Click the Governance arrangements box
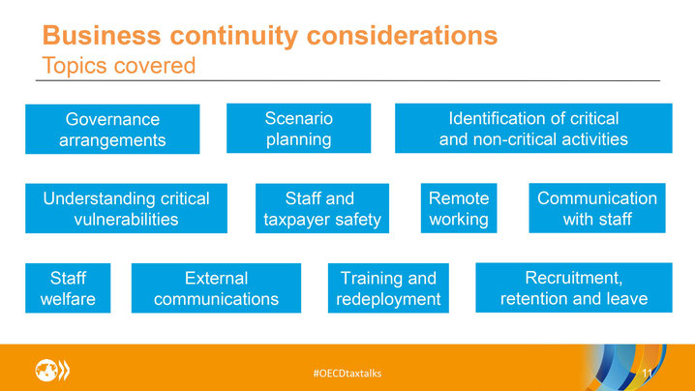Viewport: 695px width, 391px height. point(112,129)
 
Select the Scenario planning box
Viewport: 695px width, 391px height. point(299,128)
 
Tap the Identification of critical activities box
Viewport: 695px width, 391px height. point(533,128)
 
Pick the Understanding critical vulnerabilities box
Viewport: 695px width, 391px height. point(127,208)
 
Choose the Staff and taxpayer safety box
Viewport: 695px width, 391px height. point(322,208)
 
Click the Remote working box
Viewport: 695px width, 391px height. point(459,208)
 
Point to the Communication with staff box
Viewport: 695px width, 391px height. point(597,208)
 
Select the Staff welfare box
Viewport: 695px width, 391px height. point(68,288)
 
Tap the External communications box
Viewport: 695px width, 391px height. point(216,288)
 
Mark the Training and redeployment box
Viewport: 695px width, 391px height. point(388,288)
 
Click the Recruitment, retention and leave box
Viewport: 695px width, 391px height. point(574,287)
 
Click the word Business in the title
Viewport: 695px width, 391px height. point(102,35)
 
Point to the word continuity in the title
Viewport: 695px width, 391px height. point(234,36)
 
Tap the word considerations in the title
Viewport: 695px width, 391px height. point(402,35)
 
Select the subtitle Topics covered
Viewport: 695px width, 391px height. point(119,66)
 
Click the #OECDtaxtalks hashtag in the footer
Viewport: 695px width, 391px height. point(347,374)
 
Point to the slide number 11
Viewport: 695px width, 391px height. point(648,374)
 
